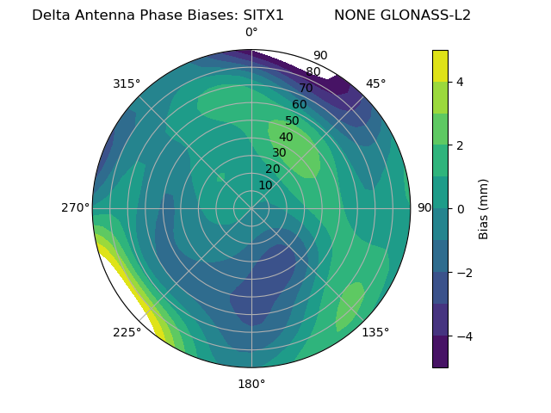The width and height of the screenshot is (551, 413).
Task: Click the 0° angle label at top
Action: [251, 33]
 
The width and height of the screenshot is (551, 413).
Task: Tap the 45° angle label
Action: [375, 83]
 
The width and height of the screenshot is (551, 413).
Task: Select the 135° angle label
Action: [375, 332]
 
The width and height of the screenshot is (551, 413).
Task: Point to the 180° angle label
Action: [251, 384]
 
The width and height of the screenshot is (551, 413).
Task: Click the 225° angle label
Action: [127, 332]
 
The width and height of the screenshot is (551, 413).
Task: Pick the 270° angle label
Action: [76, 207]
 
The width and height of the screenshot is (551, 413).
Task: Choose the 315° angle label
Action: [127, 83]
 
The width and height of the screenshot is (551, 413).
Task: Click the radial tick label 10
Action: [265, 185]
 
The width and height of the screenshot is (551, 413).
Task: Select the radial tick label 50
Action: [292, 121]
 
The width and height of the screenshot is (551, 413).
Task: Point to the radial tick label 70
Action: [306, 89]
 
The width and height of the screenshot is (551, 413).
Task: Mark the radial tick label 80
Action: [313, 72]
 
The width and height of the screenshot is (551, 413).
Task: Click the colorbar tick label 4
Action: [460, 82]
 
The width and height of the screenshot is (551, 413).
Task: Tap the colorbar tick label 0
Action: [460, 208]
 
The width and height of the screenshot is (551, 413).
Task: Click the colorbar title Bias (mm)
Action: [484, 208]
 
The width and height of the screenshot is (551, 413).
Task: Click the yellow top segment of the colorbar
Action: [440, 66]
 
